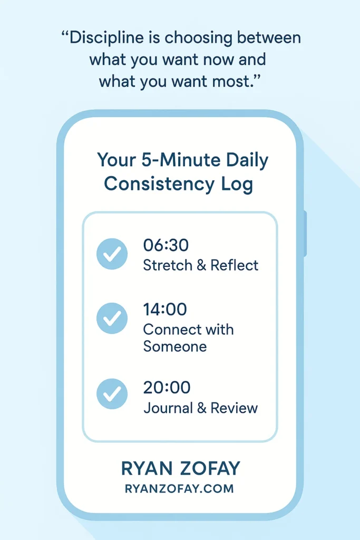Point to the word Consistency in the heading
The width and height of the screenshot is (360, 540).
(x=159, y=184)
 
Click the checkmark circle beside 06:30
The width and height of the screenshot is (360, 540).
(x=112, y=254)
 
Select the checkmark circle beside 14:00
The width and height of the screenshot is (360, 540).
(x=112, y=318)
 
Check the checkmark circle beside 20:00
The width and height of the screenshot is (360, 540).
(x=112, y=393)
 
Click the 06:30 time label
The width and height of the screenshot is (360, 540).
(x=166, y=245)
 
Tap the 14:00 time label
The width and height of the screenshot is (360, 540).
(x=165, y=309)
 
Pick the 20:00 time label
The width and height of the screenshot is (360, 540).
(x=167, y=388)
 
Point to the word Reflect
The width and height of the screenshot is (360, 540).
(x=234, y=265)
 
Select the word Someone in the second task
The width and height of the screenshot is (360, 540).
(x=175, y=346)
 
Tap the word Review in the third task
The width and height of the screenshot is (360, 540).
(x=234, y=408)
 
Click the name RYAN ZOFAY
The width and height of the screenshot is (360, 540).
(x=180, y=468)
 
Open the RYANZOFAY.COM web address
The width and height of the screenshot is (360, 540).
(x=179, y=489)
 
